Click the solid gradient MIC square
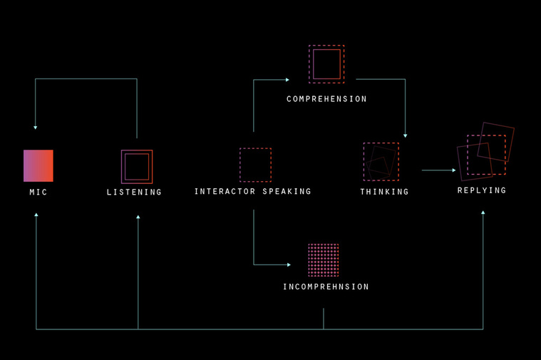coord(38,165)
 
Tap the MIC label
coord(38,192)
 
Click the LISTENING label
coord(134,192)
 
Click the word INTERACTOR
coord(225,192)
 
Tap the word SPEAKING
coord(287,192)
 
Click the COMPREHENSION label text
coord(326,99)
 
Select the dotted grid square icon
coord(324,260)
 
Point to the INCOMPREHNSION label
coord(326,287)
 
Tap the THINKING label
coord(384,192)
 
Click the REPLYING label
coord(482,190)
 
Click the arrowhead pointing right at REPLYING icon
coord(454,170)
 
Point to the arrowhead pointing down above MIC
coord(35,128)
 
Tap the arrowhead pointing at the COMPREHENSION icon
coord(287,80)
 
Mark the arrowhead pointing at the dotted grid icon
coord(289,264)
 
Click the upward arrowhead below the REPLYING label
coord(483,212)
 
